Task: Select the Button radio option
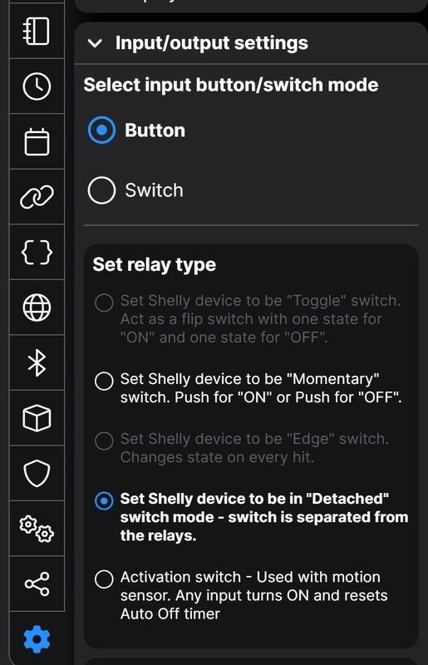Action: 101,131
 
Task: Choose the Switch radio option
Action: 101,190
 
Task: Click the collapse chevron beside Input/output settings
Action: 95,43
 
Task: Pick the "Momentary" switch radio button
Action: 104,381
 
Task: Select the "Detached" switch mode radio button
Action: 104,501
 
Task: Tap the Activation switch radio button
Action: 104,579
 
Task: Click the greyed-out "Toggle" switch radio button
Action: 104,303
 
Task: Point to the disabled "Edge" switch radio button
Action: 104,441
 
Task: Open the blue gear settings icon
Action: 37,639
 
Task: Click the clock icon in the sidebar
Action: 37,86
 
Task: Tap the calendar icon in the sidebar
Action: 37,141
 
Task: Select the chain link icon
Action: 37,197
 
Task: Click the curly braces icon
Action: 37,253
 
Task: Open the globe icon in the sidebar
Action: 37,308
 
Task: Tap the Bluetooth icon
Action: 37,363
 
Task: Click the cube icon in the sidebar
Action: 37,418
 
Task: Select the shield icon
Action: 37,473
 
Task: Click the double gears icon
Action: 37,529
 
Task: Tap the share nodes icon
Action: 37,584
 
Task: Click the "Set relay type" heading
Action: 155,265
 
